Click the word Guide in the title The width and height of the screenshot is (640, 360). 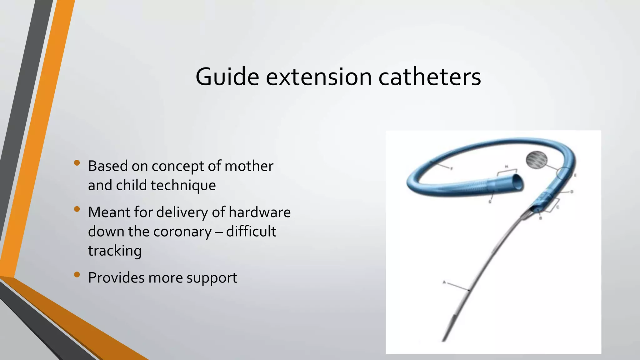coord(227,77)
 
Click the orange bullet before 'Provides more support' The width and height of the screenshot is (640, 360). coord(77,275)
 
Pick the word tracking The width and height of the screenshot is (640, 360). coord(115,251)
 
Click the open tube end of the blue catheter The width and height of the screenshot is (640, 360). coord(518,182)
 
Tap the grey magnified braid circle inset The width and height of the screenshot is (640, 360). coord(537,160)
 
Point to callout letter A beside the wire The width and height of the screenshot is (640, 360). coord(444,282)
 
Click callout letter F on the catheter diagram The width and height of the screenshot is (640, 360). coord(451,168)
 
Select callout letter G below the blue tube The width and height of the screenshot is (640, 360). coord(490,202)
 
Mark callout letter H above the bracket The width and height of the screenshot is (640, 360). coord(507,166)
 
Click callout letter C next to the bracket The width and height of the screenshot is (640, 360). coord(558,207)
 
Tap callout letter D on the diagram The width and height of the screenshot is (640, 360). coord(572,192)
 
